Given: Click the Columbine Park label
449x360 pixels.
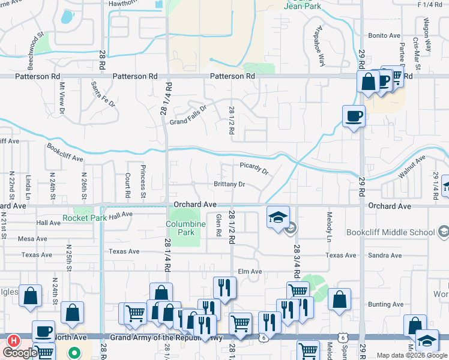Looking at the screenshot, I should coord(185,228).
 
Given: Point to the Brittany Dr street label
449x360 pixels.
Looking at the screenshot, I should coord(229,185).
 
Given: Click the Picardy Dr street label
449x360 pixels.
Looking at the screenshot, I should coord(254,168).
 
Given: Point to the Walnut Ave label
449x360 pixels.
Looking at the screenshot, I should coord(411,167).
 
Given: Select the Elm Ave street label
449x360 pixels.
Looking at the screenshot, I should coord(250,272).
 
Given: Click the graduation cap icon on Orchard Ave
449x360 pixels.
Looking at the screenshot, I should coord(279,217).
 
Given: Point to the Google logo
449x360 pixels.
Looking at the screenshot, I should coord(19,353).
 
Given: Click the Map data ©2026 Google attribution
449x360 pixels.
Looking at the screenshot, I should coord(412,355).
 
